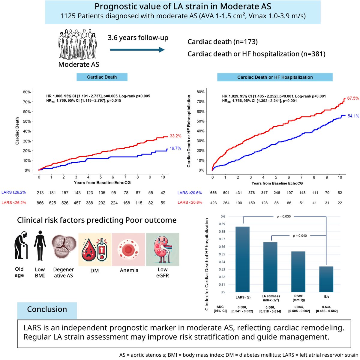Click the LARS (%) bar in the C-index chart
(242, 259)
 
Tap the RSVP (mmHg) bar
(298, 271)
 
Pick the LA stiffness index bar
(270, 267)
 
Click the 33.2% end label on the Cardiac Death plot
(175, 136)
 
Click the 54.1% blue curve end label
(353, 116)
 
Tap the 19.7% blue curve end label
(175, 148)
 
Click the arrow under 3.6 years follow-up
(137, 49)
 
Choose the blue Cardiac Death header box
(102, 77)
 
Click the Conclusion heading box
(47, 310)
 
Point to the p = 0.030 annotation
(283, 216)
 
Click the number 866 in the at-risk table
(40, 203)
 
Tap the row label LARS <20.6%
(190, 202)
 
